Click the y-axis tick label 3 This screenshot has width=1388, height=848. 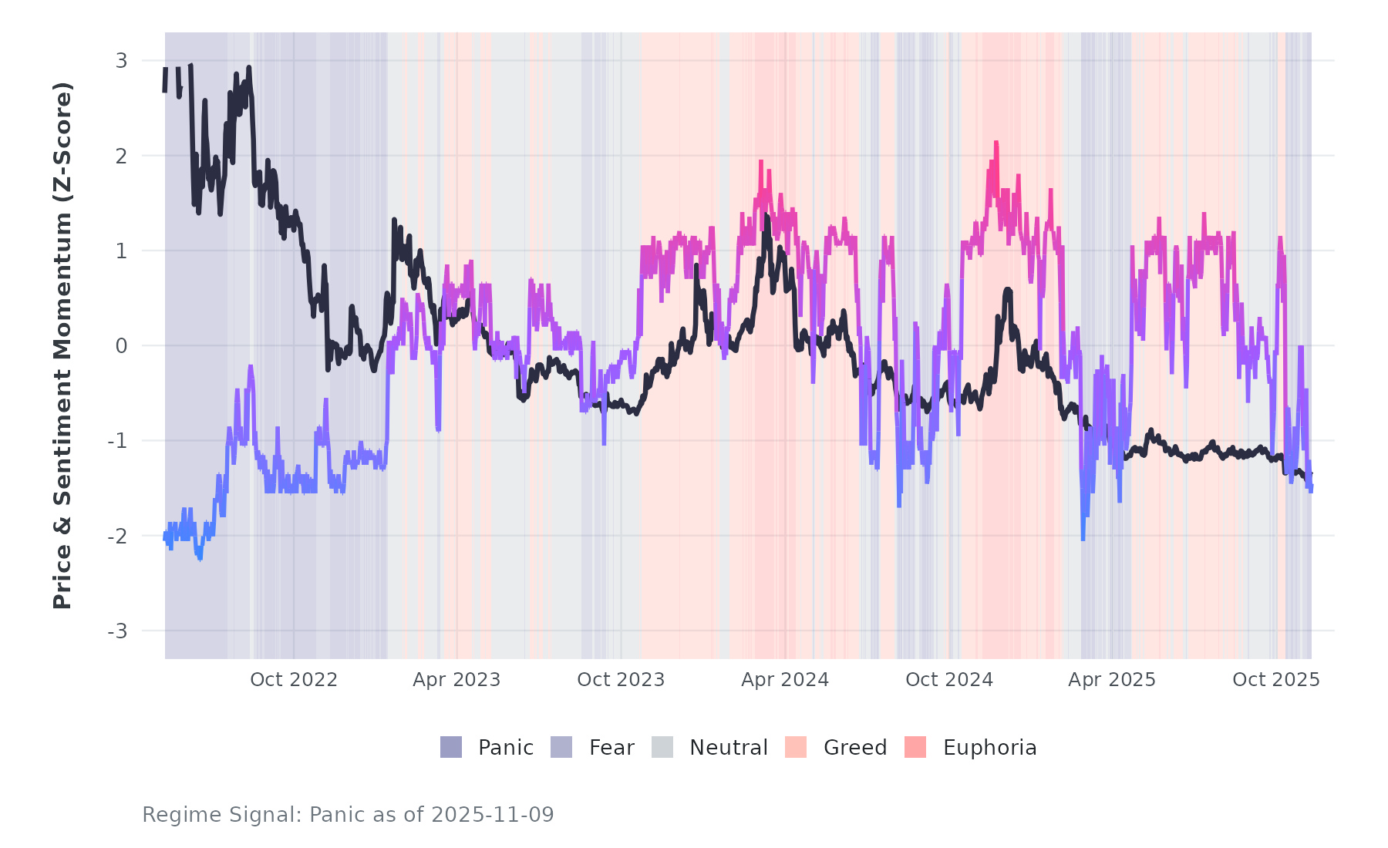pyautogui.click(x=121, y=61)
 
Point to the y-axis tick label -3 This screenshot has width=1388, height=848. pyautogui.click(x=117, y=631)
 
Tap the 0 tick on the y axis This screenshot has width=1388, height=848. pyautogui.click(x=121, y=346)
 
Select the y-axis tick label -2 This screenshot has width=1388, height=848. pyautogui.click(x=117, y=537)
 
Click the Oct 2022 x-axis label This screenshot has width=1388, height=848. pyautogui.click(x=294, y=680)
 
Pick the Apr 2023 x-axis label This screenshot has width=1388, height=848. pyautogui.click(x=456, y=680)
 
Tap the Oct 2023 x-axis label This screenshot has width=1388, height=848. pyautogui.click(x=621, y=680)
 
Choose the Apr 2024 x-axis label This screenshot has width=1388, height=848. pyautogui.click(x=785, y=680)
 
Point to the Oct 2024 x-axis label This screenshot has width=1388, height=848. pyautogui.click(x=949, y=680)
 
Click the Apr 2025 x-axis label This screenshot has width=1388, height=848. pyautogui.click(x=1112, y=680)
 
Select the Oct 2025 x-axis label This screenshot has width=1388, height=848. pyautogui.click(x=1276, y=680)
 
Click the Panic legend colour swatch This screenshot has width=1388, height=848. pyautogui.click(x=451, y=747)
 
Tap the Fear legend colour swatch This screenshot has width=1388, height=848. pyautogui.click(x=561, y=747)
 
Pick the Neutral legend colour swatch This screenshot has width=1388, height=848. pyautogui.click(x=662, y=747)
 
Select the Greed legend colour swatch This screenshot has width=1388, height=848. pyautogui.click(x=796, y=747)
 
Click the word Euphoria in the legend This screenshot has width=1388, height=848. pyautogui.click(x=989, y=748)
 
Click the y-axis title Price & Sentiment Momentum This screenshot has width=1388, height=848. pyautogui.click(x=62, y=345)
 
